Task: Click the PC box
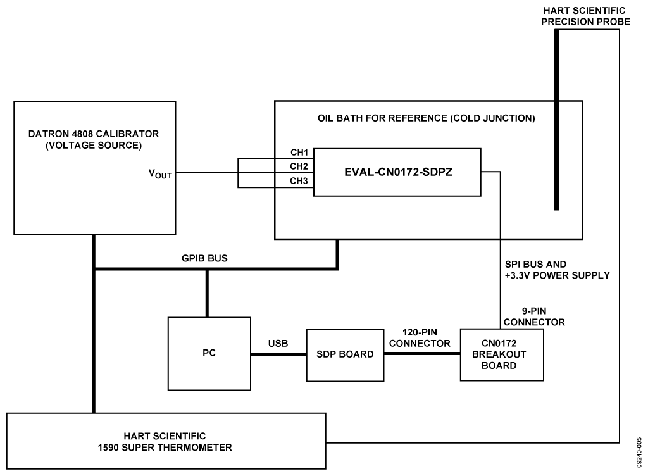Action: pos(209,353)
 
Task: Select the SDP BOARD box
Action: pos(346,354)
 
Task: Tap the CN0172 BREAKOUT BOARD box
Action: pos(501,354)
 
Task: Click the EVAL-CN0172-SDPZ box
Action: pos(397,172)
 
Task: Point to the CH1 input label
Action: pos(299,153)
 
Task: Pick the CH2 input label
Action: pos(299,166)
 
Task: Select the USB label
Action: pos(278,344)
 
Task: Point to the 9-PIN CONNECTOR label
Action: pos(534,317)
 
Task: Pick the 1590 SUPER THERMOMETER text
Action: pos(166,447)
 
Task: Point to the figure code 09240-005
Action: pos(640,449)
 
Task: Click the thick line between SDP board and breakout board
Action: pos(422,354)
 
